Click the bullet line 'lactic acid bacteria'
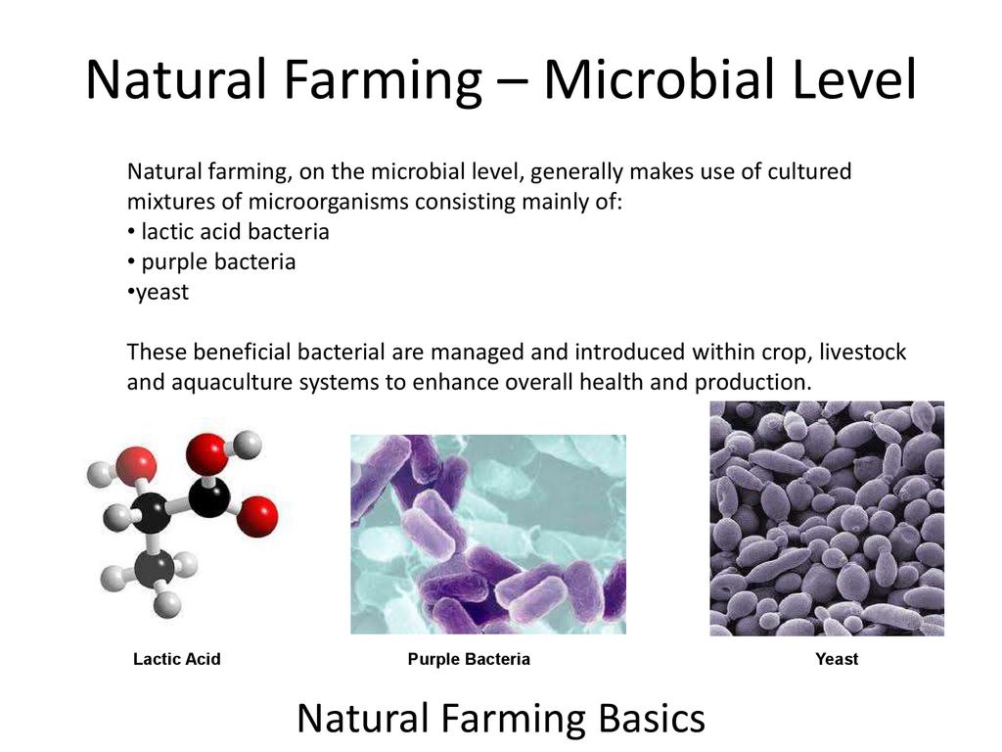(228, 231)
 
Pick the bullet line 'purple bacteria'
(211, 262)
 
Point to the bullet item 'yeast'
(158, 293)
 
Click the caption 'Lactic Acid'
(177, 659)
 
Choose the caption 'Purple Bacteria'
(469, 659)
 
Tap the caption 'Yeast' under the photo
(837, 659)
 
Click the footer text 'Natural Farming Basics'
(501, 718)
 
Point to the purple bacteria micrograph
(488, 535)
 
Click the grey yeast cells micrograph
(827, 519)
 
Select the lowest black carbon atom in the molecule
(155, 568)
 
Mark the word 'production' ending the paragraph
(752, 383)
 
